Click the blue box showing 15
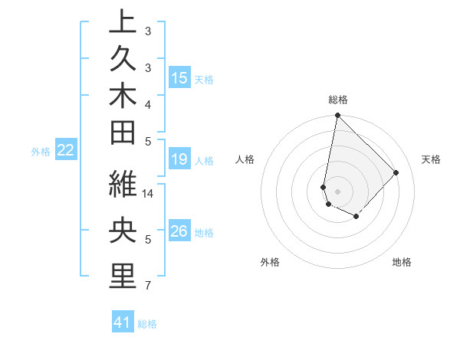179,77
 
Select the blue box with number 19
179,159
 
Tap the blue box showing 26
179,231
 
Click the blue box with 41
123,322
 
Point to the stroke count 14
149,195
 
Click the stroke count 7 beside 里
148,286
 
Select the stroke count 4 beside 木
148,104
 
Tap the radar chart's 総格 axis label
337,100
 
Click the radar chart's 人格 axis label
245,159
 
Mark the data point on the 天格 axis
396,172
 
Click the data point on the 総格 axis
337,116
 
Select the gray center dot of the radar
337,191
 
